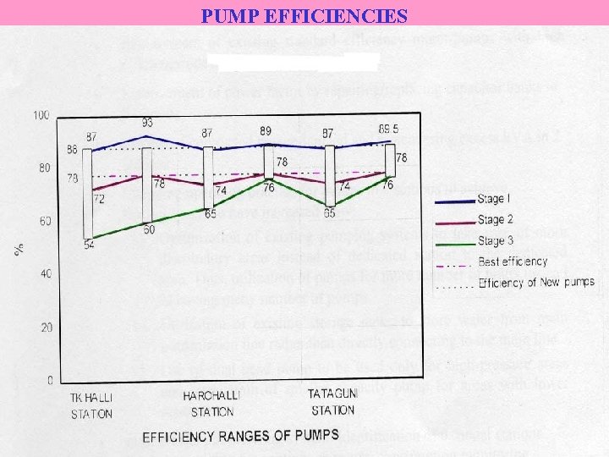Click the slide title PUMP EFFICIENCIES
tap(304, 15)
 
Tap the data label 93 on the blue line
tap(147, 123)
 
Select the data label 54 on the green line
tap(89, 245)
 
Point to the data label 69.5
tap(389, 129)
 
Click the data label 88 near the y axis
tap(72, 150)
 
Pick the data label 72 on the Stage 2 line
tap(99, 199)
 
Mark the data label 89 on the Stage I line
tap(266, 131)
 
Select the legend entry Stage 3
tap(495, 241)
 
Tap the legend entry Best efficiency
tap(513, 262)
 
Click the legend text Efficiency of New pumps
tap(536, 282)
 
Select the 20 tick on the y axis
tap(44, 327)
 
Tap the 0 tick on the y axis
tap(50, 380)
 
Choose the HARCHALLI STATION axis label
tap(212, 403)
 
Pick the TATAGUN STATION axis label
tap(332, 403)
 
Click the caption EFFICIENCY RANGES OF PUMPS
tap(240, 436)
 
